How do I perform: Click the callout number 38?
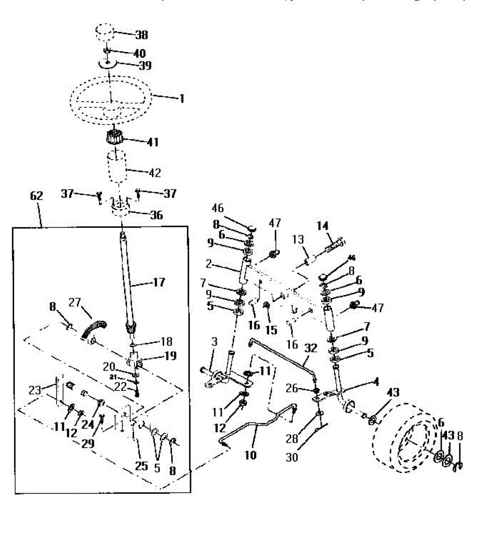(x=141, y=35)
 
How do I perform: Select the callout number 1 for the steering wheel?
(x=181, y=98)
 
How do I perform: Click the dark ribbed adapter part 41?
(x=116, y=138)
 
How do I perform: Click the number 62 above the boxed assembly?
(x=36, y=196)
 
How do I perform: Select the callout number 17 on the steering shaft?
(x=158, y=283)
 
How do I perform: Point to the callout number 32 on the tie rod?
(x=310, y=348)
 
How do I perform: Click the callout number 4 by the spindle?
(x=375, y=381)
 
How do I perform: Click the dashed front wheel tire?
(x=402, y=437)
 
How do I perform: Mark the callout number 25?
(x=142, y=465)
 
